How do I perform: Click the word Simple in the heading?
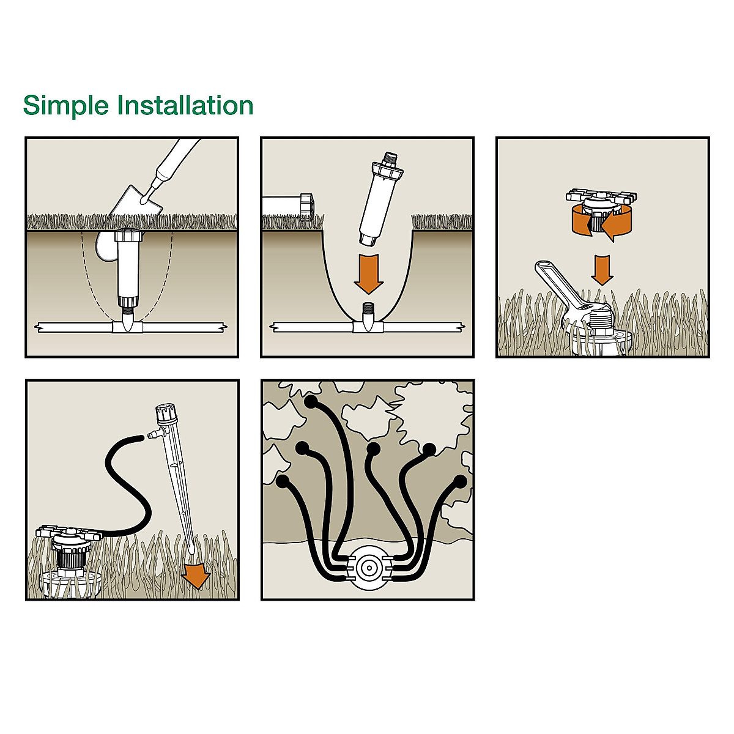tap(65, 106)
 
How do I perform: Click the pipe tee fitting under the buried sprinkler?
tap(128, 328)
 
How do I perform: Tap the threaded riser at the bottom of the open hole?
tap(368, 310)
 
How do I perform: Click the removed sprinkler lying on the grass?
tap(287, 204)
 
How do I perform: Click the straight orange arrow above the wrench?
tap(602, 269)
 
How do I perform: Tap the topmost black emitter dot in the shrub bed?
tap(311, 402)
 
